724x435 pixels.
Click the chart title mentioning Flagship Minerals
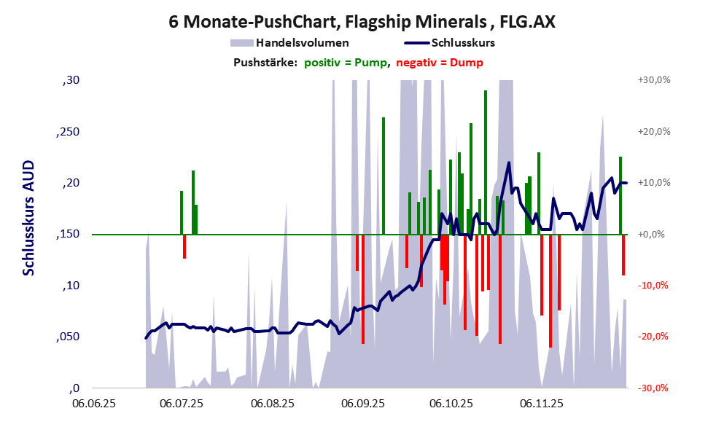pyautogui.click(x=362, y=22)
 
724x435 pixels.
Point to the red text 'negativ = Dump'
pyautogui.click(x=439, y=63)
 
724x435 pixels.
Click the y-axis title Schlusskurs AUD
pyautogui.click(x=29, y=218)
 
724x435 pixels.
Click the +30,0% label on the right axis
pyautogui.click(x=653, y=80)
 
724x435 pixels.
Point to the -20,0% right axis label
pyautogui.click(x=654, y=337)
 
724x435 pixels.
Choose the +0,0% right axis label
pyautogui.click(x=652, y=235)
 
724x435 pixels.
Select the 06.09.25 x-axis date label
pyautogui.click(x=362, y=402)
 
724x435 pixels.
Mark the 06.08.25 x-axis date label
pyautogui.click(x=272, y=402)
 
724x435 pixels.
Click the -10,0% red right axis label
pyautogui.click(x=654, y=286)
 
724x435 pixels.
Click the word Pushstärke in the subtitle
pyautogui.click(x=265, y=63)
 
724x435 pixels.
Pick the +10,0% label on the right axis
pyautogui.click(x=653, y=183)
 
